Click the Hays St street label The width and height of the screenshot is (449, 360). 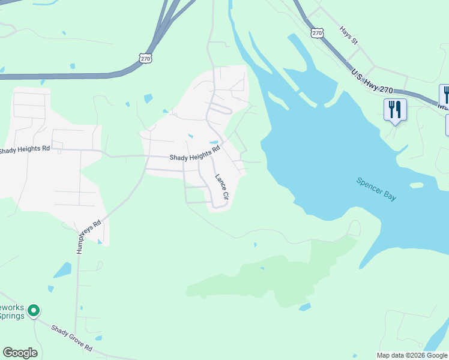click(x=348, y=35)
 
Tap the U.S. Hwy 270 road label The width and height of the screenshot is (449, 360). click(x=372, y=82)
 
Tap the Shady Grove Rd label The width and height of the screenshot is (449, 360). click(x=71, y=338)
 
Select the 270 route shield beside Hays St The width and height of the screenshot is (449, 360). click(x=318, y=32)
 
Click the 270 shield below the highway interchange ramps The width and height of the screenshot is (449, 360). click(x=145, y=58)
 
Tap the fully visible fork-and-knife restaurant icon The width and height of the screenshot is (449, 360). click(x=395, y=110)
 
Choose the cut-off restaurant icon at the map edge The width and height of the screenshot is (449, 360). click(x=445, y=95)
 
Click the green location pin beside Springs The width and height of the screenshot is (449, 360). click(x=34, y=311)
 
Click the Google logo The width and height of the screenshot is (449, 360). click(x=20, y=353)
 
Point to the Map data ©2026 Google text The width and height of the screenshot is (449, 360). click(x=412, y=355)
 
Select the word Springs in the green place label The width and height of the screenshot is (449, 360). click(x=11, y=316)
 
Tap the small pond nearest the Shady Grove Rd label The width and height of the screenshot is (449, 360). click(x=62, y=271)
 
